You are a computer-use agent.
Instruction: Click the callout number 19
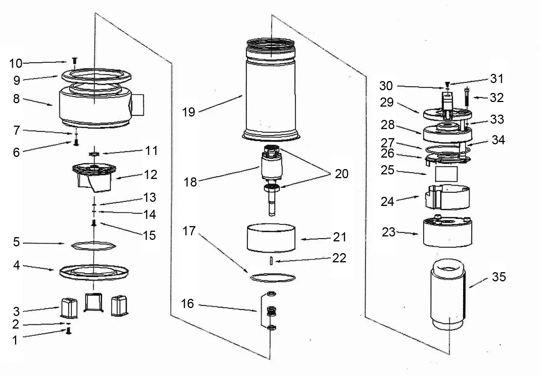189,112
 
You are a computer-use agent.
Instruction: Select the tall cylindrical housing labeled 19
271,95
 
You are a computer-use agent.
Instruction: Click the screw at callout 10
75,61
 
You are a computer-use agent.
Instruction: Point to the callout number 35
499,277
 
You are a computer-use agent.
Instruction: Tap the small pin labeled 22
270,261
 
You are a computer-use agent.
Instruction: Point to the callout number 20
341,174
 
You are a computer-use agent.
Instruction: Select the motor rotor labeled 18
271,168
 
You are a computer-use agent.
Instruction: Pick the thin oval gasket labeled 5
93,245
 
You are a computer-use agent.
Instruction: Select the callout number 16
187,303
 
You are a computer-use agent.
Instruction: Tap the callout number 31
497,79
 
